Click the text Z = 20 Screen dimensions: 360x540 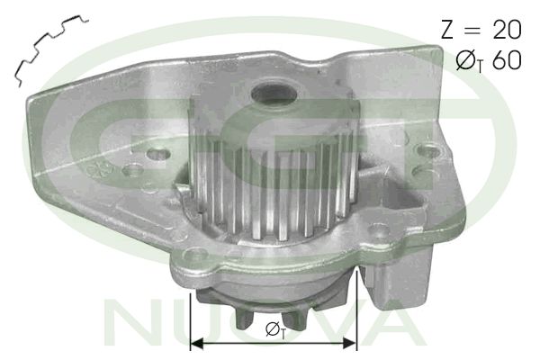(480, 30)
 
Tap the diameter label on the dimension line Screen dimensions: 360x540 (274, 330)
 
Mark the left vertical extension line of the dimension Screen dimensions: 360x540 (191, 315)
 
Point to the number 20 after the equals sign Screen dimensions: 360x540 (507, 30)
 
